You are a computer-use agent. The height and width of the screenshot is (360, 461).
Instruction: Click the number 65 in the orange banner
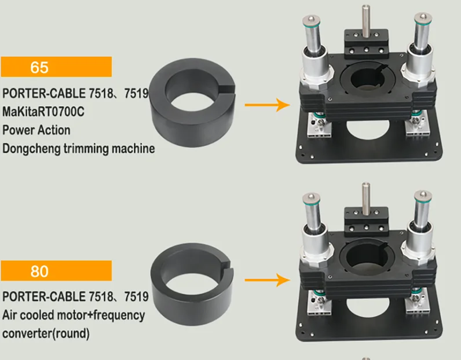[39, 67]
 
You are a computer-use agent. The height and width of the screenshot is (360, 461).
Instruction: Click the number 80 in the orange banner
[39, 271]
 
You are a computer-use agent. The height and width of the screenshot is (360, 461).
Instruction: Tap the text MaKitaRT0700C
[43, 112]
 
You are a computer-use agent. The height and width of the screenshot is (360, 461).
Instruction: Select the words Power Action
[36, 130]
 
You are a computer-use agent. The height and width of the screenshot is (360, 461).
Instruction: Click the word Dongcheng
[32, 149]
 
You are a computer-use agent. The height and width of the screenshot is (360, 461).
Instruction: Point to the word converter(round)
[46, 333]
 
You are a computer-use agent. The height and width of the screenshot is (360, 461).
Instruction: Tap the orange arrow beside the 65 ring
[267, 105]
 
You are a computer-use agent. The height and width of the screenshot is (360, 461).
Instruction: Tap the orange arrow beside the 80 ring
[267, 280]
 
